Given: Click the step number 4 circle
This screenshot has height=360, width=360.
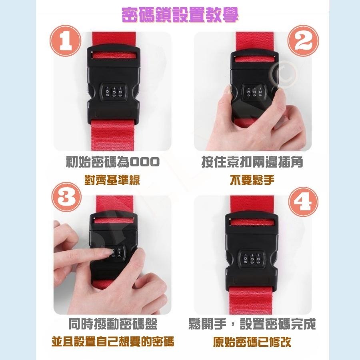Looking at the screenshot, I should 303,200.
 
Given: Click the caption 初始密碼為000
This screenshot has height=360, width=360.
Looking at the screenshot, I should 112,162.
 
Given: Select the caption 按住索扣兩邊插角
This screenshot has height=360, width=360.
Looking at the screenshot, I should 252,162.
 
